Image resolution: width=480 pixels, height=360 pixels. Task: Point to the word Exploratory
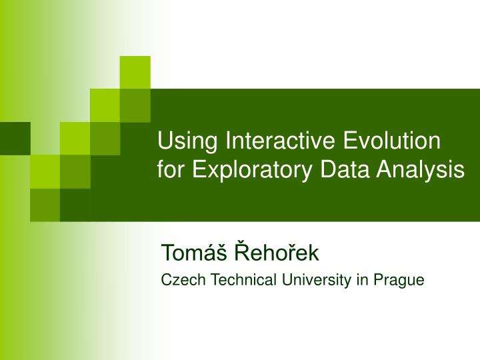pyautogui.click(x=254, y=171)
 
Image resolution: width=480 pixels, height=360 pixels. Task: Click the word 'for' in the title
pyautogui.click(x=171, y=169)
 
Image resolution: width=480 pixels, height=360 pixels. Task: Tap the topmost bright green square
pyautogui.click(x=135, y=72)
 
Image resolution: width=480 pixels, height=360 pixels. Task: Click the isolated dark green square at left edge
pyautogui.click(x=15, y=138)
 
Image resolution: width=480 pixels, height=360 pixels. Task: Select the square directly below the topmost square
pyautogui.click(x=135, y=105)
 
